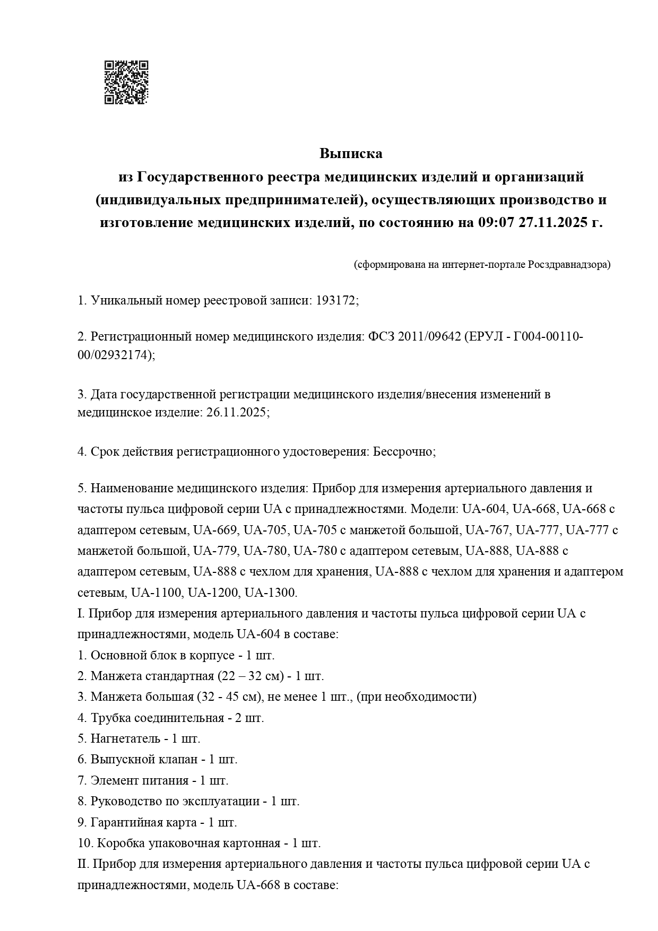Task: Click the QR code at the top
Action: tap(126, 82)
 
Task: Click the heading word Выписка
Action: tap(351, 154)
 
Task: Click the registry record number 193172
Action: tap(336, 301)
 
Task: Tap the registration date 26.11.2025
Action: tap(235, 413)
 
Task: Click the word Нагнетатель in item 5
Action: tap(125, 738)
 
